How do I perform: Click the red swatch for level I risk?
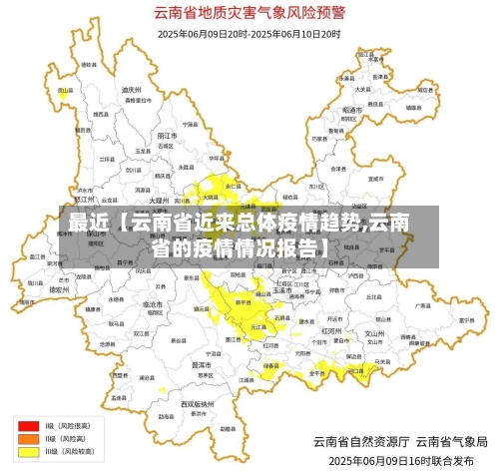tap(27, 425)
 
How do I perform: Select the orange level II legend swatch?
tap(27, 438)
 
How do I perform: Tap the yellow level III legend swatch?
tap(27, 451)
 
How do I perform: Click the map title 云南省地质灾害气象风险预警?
tap(249, 13)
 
